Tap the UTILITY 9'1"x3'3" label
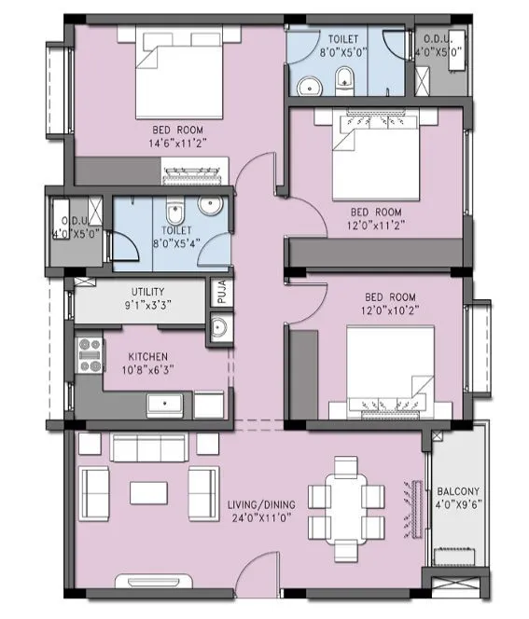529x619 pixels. coord(147,298)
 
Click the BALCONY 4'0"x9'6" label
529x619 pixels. coord(457,499)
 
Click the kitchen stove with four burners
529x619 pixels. coord(90,355)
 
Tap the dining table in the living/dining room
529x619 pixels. coord(347,499)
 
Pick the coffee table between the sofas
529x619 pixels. coord(148,490)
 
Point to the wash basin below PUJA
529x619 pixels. coord(220,327)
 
